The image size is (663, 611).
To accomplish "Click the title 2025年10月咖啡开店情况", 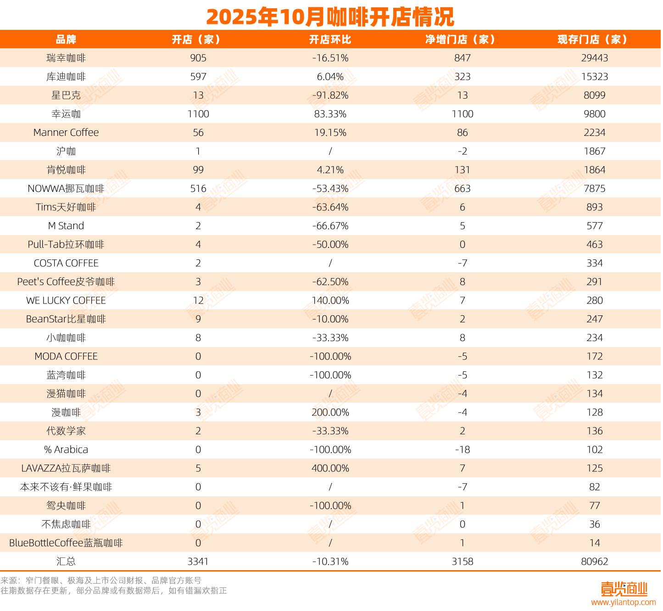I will pyautogui.click(x=330, y=17).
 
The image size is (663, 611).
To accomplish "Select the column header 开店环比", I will pyautogui.click(x=330, y=39).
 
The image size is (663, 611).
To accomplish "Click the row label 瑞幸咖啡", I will pyautogui.click(x=66, y=58).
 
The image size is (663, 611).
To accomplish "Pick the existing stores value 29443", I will pyautogui.click(x=594, y=58).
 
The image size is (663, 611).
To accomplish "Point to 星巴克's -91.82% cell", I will pyautogui.click(x=330, y=95).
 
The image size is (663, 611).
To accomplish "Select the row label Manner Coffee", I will pyautogui.click(x=66, y=133).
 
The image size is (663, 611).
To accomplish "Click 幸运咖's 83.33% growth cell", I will pyautogui.click(x=330, y=114).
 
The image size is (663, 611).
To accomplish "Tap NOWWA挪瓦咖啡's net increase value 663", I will pyautogui.click(x=462, y=189).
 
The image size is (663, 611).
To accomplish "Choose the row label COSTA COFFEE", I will pyautogui.click(x=66, y=263).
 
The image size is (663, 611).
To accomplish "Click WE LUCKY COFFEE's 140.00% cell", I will pyautogui.click(x=330, y=301).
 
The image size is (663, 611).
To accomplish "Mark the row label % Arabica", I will pyautogui.click(x=66, y=450).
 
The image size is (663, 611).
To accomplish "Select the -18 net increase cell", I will pyautogui.click(x=462, y=450).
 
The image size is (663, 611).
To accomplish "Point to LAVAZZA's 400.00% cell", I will pyautogui.click(x=330, y=468).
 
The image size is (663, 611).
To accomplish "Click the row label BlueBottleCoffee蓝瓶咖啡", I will pyautogui.click(x=66, y=543).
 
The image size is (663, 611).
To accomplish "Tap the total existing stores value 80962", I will pyautogui.click(x=594, y=561).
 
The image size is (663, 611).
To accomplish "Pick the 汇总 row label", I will pyautogui.click(x=66, y=561).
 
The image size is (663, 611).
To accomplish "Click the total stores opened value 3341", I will pyautogui.click(x=198, y=561).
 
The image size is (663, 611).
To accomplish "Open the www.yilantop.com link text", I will pyautogui.click(x=623, y=602).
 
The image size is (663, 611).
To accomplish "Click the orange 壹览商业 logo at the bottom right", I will pyautogui.click(x=624, y=589).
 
